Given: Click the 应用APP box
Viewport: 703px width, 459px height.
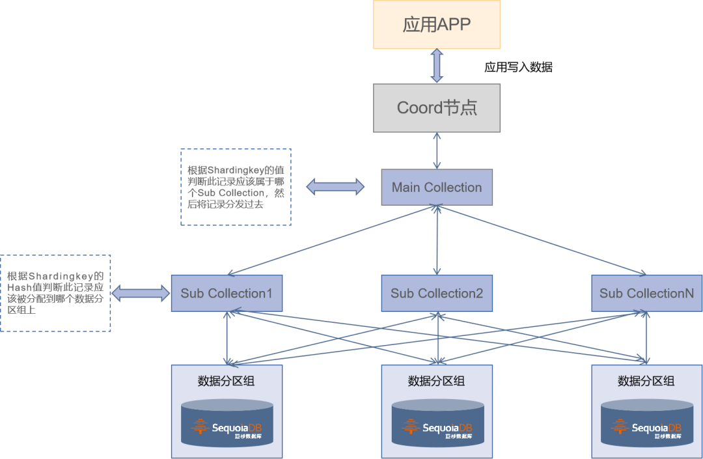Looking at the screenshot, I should (437, 25).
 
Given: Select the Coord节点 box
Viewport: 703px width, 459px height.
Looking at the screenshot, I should (437, 108).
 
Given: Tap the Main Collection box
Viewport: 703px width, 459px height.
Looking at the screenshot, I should (437, 188).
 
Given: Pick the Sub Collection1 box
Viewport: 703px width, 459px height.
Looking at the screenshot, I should (227, 293).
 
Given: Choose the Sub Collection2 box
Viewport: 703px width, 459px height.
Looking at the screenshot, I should (437, 293).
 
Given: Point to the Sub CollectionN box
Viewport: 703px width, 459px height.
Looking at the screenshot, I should (646, 293).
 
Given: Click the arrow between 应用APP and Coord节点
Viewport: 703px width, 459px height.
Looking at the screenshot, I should (437, 66).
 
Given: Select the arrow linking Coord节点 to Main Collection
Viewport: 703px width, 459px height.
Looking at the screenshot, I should (437, 150).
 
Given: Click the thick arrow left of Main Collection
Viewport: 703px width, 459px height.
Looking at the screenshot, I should (336, 187).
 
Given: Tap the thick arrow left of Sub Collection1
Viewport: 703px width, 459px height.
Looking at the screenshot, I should (141, 293).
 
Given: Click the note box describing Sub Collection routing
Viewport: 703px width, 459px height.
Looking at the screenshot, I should (236, 187).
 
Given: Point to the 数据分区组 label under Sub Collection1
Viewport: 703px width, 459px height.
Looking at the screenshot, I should (227, 381).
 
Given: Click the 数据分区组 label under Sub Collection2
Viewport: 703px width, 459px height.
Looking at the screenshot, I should (437, 381).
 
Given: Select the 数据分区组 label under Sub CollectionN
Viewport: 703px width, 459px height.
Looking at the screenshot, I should (646, 381).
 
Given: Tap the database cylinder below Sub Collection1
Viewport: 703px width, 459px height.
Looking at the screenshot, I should (227, 423).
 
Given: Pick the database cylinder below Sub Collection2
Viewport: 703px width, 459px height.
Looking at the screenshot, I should (437, 423).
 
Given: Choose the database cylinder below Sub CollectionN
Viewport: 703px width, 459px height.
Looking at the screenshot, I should (646, 423).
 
